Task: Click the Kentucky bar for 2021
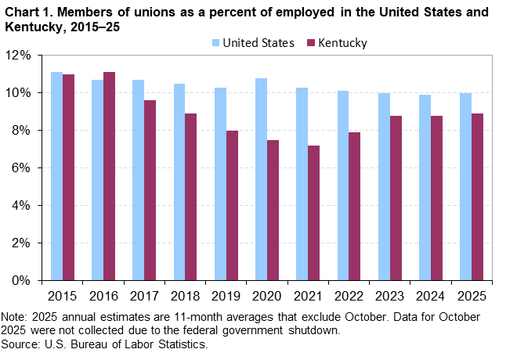pos(314,213)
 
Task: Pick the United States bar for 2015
pos(56,176)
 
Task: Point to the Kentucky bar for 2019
pos(232,205)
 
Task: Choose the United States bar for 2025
pos(465,186)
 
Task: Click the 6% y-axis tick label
pos(21,167)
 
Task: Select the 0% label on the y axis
pos(21,280)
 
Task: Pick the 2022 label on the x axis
pos(349,297)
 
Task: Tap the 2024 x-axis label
pos(431,297)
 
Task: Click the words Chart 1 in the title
pos(28,13)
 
